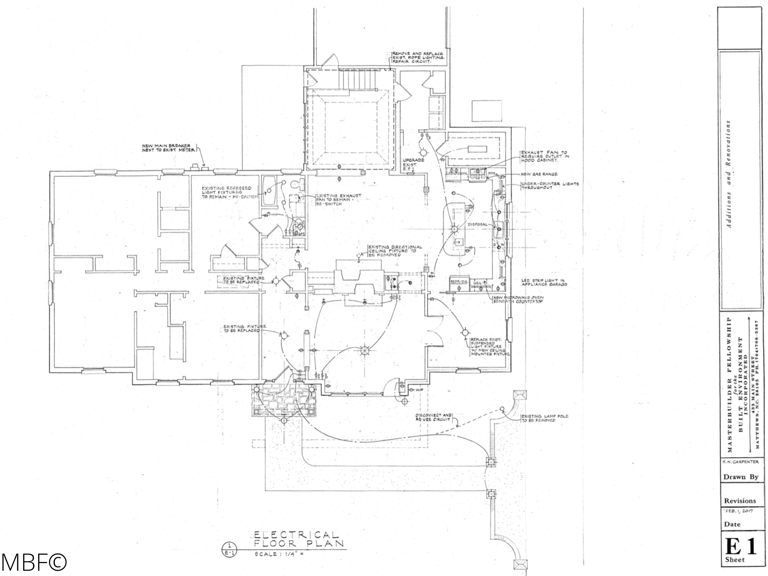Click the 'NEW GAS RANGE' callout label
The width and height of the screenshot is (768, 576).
click(x=539, y=174)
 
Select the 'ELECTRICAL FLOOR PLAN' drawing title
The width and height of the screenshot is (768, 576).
click(x=296, y=539)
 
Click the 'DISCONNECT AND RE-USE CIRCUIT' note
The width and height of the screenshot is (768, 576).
click(x=434, y=417)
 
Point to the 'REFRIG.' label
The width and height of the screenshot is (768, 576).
click(x=459, y=281)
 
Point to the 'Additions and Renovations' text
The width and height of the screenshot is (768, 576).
click(x=728, y=174)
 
